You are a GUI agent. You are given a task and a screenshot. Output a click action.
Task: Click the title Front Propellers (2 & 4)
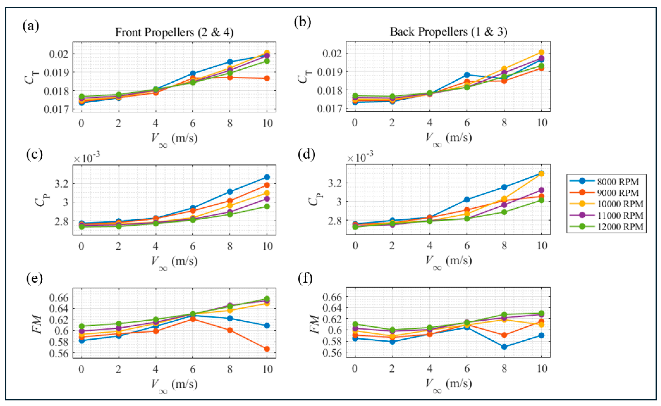[174, 33]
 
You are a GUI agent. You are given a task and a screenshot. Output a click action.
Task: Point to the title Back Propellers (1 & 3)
[448, 32]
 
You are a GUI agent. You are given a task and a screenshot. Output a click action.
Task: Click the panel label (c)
[35, 155]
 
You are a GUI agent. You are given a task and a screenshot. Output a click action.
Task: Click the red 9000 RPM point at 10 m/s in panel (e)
[267, 349]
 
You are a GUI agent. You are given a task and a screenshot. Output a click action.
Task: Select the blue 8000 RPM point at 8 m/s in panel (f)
[504, 347]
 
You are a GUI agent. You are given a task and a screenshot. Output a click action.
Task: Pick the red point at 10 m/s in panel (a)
[267, 78]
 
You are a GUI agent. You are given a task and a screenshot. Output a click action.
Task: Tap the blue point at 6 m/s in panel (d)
[467, 199]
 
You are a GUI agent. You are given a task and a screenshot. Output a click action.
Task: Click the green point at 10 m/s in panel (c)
[267, 206]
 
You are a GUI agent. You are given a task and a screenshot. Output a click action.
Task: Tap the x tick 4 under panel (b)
[430, 123]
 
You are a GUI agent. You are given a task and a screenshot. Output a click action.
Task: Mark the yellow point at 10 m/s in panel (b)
[541, 52]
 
